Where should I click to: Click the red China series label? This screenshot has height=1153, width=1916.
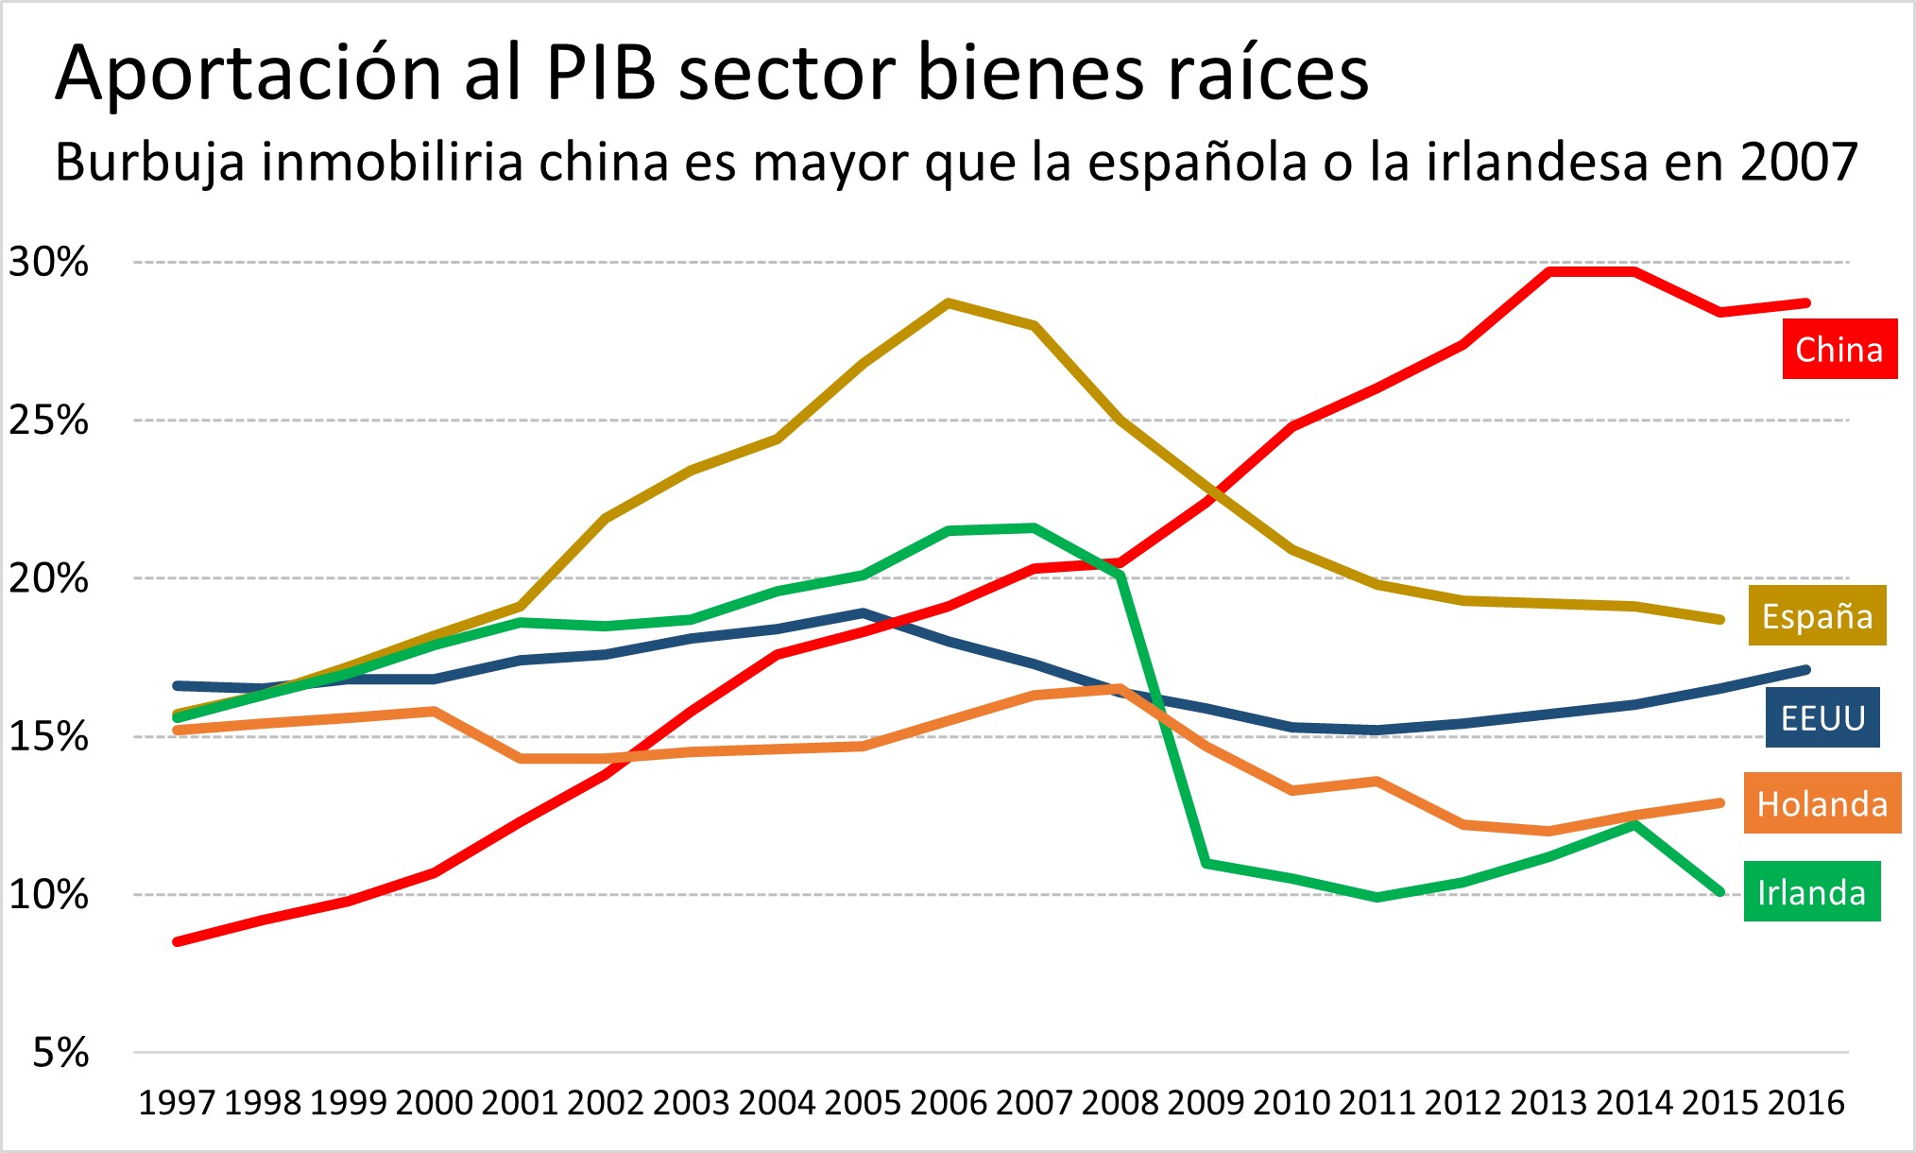click(x=1839, y=350)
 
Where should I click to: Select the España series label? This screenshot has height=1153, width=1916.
click(x=1816, y=616)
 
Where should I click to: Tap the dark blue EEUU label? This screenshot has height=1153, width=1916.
click(x=1822, y=718)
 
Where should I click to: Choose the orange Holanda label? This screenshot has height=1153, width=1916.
click(x=1822, y=804)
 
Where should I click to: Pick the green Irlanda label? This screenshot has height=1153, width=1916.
click(x=1811, y=892)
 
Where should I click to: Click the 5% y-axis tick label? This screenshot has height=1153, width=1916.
click(x=60, y=1052)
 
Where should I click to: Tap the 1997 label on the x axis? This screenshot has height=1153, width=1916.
click(x=177, y=1103)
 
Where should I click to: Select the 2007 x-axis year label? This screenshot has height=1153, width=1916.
click(x=1035, y=1103)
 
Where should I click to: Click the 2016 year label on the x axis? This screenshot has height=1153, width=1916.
click(x=1805, y=1103)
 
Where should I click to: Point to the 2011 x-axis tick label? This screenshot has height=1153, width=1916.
click(x=1377, y=1103)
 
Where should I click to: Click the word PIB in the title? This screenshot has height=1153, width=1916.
click(x=601, y=74)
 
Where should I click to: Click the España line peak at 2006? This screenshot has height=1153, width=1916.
click(x=949, y=303)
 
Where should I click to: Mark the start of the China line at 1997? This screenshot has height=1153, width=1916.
click(x=178, y=941)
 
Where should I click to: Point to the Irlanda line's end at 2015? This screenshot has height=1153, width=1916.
click(x=1719, y=891)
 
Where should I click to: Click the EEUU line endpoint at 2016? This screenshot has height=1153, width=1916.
click(x=1805, y=670)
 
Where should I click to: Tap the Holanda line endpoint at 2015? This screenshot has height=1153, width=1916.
click(x=1719, y=803)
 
